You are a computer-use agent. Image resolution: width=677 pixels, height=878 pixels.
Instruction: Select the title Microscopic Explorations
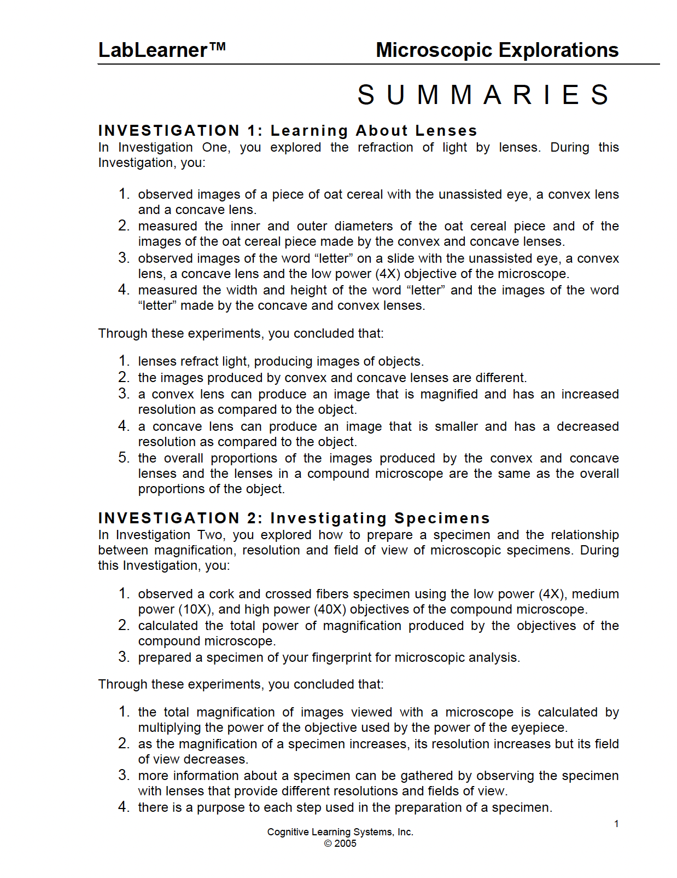(497, 50)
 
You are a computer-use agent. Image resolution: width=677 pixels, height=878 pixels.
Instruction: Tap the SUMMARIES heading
(483, 95)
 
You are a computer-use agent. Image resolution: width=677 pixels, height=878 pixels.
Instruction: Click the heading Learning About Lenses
(374, 131)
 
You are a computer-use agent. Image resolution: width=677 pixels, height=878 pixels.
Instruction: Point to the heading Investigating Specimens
(380, 518)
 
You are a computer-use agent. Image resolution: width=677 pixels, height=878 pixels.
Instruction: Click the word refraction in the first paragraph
(385, 147)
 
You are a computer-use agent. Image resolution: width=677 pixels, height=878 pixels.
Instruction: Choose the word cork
(221, 594)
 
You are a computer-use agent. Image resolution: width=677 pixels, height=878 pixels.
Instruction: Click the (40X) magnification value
(330, 609)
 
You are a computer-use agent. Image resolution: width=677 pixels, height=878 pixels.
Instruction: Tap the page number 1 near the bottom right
(616, 824)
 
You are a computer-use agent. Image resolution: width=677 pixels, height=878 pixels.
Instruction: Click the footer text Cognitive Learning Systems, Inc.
(340, 832)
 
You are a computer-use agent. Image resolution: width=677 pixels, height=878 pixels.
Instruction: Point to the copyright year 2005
(345, 844)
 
